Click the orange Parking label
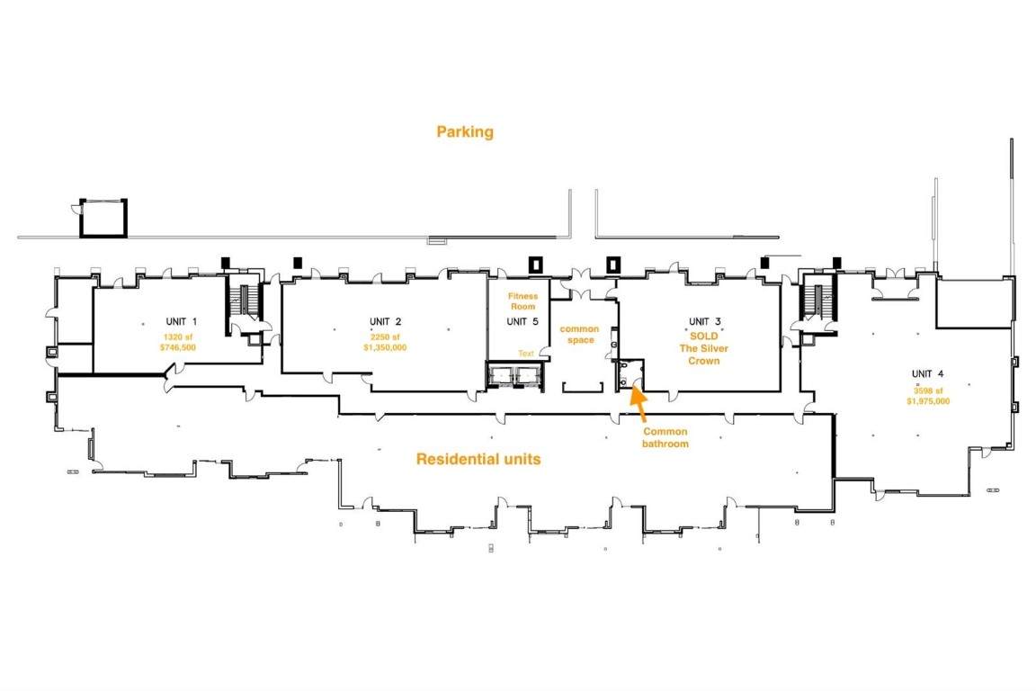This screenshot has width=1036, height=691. [465, 132]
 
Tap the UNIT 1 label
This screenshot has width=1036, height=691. [181, 321]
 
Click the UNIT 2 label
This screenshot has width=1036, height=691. [385, 321]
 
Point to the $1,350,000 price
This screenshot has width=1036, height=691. [385, 346]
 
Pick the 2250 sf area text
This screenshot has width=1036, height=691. [385, 335]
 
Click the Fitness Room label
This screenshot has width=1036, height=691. [522, 301]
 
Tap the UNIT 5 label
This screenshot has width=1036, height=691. [522, 321]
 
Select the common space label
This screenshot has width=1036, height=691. [579, 334]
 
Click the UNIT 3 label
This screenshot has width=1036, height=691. [704, 321]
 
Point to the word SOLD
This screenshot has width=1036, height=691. [704, 335]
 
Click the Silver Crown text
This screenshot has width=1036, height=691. [704, 354]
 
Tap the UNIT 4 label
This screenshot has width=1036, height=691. [927, 374]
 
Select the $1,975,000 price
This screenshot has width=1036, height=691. [928, 401]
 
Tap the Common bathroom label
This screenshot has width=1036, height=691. [665, 438]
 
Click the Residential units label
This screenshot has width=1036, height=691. [478, 460]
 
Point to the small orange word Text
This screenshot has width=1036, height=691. [525, 354]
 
